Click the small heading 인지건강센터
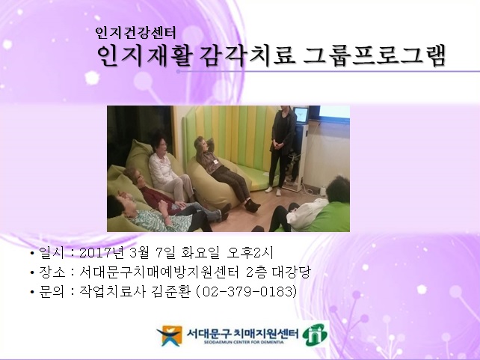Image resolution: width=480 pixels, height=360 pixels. pyautogui.click(x=135, y=33)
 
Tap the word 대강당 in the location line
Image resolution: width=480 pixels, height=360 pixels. pyautogui.click(x=290, y=272)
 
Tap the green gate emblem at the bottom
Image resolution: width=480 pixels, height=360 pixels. pyautogui.click(x=315, y=335)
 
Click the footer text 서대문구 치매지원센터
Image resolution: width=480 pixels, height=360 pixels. pyautogui.click(x=240, y=332)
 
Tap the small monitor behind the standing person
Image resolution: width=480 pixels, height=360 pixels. pyautogui.click(x=301, y=117)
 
